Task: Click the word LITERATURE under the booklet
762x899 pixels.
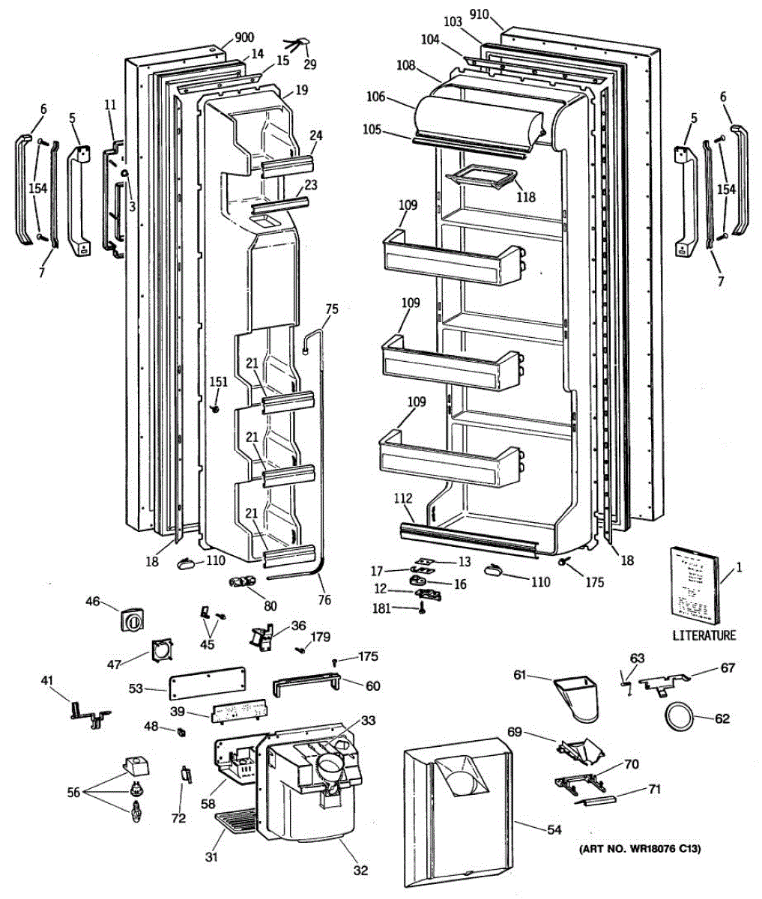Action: (704, 635)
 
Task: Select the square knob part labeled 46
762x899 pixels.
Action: (132, 620)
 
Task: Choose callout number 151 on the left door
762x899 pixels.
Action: (218, 383)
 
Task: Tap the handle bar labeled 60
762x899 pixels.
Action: (307, 685)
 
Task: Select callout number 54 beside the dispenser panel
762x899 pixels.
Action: (553, 830)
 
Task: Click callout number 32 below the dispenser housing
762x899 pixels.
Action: (360, 871)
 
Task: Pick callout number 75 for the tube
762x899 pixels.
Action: (332, 308)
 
